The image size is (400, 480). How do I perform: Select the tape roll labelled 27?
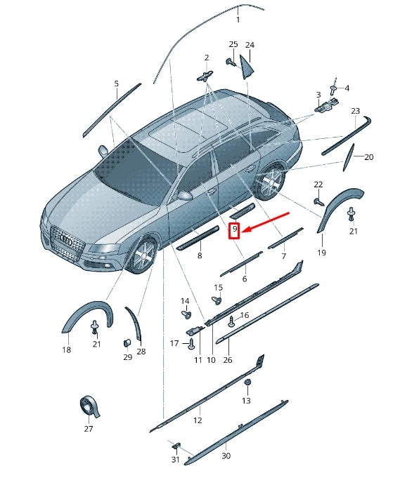click(x=89, y=407)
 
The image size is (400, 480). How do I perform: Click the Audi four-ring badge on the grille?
click(x=67, y=240)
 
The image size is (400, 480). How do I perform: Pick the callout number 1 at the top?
click(x=238, y=20)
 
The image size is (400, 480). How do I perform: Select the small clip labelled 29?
click(x=127, y=342)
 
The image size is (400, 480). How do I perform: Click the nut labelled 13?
click(x=246, y=382)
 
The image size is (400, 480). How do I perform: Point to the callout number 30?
click(x=226, y=456)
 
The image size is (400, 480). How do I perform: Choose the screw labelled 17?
click(x=191, y=343)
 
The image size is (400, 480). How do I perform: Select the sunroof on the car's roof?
click(x=186, y=130)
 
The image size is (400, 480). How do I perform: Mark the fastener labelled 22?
click(x=318, y=201)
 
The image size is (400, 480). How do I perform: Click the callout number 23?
click(x=355, y=111)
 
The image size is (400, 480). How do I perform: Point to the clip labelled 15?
click(x=217, y=300)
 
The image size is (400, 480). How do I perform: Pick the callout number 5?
click(x=116, y=84)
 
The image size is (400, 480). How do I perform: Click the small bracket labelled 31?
click(x=176, y=446)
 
